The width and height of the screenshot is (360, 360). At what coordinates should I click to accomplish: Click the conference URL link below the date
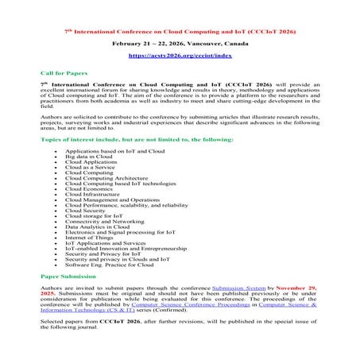179,57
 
